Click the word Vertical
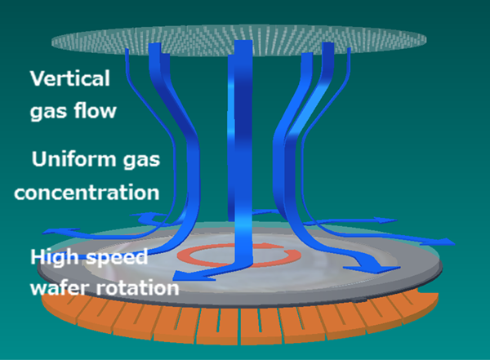point(70,78)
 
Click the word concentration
point(87,192)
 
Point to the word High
point(54,257)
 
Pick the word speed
point(117,258)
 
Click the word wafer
point(61,287)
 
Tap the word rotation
point(137,288)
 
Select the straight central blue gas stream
point(240,150)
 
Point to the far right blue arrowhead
point(447,242)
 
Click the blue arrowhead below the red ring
point(185,276)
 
